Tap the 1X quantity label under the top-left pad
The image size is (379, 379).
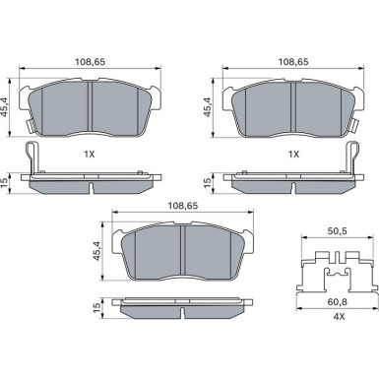91,155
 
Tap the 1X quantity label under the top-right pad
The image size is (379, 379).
292,155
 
